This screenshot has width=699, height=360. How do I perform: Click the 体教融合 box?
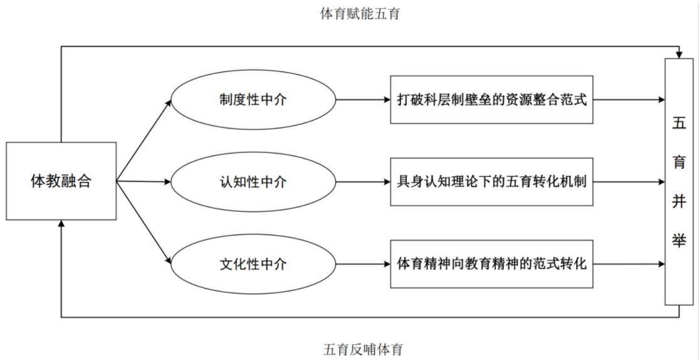click(61, 181)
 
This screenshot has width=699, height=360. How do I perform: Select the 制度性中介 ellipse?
click(253, 100)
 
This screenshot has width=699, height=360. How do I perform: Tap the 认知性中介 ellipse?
click(253, 181)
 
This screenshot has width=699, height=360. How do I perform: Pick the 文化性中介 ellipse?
click(253, 264)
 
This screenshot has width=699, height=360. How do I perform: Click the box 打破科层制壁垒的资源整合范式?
click(491, 100)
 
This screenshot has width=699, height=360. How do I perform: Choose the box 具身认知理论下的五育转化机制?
click(491, 181)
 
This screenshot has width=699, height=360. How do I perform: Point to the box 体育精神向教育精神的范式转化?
click(491, 264)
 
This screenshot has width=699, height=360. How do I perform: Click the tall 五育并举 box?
click(679, 181)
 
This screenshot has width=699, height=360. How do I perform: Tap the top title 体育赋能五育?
click(360, 14)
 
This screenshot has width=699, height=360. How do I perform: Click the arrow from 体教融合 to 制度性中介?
click(144, 140)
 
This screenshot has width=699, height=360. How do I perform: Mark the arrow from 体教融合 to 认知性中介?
click(144, 181)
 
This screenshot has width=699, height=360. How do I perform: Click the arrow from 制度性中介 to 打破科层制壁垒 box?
click(363, 100)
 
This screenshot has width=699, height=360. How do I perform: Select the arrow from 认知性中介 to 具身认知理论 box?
click(363, 181)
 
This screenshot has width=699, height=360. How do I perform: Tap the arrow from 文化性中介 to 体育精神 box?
click(363, 264)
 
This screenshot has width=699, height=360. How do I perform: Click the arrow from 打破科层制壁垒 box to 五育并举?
click(629, 100)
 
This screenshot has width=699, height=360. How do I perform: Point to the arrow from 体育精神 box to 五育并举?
click(629, 264)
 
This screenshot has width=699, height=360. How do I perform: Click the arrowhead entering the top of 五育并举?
click(679, 55)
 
